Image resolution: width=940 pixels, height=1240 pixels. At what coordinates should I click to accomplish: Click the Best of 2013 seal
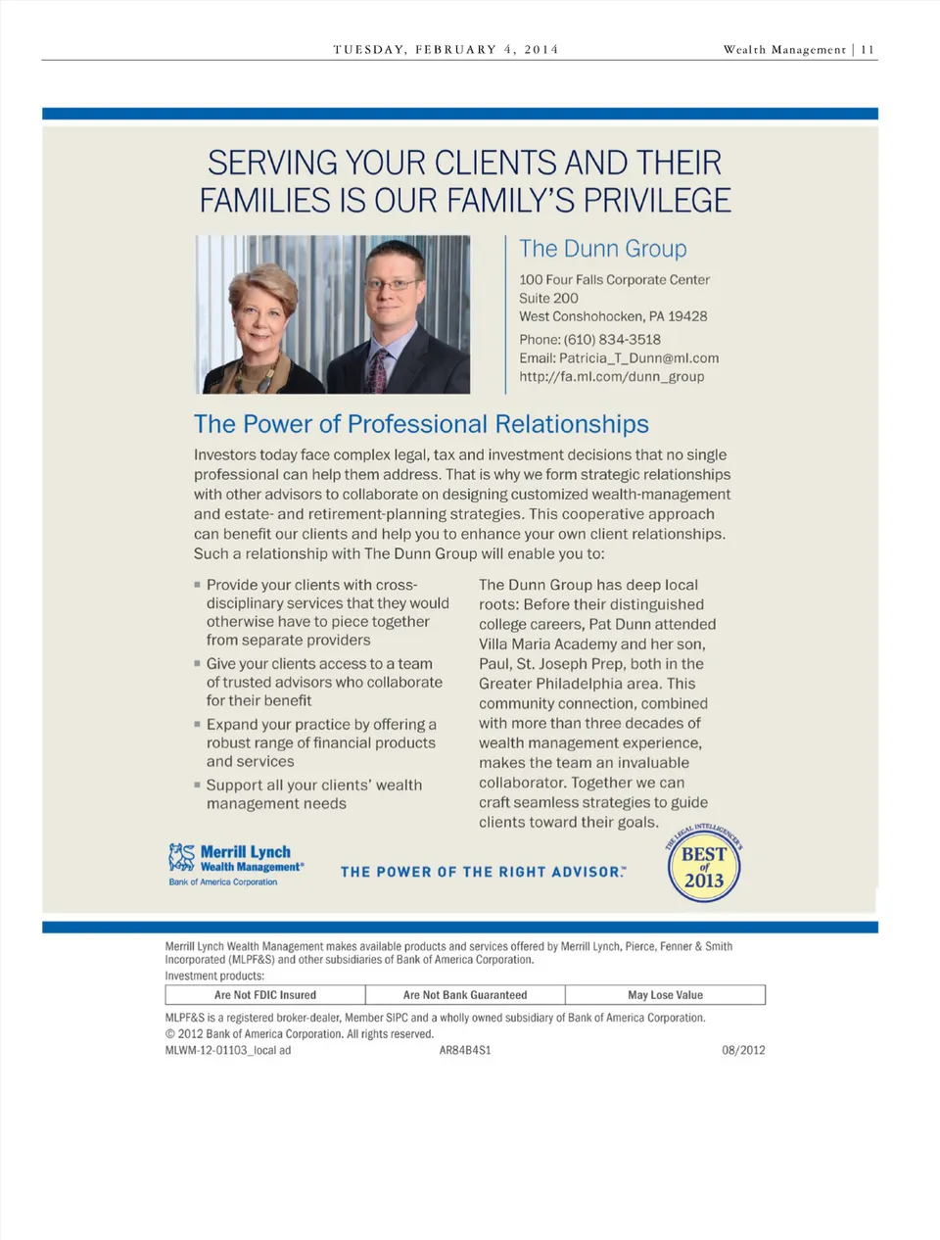point(704,867)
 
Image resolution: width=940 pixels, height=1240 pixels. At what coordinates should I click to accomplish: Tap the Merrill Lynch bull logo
point(181,857)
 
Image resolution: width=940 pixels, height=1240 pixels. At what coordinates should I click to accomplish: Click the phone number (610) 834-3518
point(612,339)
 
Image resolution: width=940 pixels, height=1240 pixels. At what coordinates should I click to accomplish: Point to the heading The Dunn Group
point(602,249)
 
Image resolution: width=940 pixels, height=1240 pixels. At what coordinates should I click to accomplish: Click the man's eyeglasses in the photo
point(394,285)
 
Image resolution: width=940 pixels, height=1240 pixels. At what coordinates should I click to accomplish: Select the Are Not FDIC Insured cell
point(265,995)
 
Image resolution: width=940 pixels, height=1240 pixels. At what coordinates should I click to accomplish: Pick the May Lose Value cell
point(665,995)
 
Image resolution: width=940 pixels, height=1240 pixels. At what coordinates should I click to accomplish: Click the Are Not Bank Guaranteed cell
point(465,995)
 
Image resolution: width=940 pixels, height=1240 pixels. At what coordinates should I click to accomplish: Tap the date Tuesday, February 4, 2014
point(446,49)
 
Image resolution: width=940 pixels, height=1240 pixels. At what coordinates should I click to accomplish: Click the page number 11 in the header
point(868,49)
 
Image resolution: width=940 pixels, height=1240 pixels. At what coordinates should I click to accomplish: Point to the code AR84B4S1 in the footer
point(465,1050)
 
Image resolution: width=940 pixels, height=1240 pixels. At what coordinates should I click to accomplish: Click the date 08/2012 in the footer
point(743,1050)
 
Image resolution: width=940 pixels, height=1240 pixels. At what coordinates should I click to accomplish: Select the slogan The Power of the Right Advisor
point(483,872)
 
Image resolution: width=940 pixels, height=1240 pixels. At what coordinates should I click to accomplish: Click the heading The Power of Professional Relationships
point(421,424)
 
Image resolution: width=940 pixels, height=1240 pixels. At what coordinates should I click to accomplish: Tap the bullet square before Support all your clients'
point(197,785)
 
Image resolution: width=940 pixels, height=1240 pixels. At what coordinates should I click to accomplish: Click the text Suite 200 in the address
point(548,298)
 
